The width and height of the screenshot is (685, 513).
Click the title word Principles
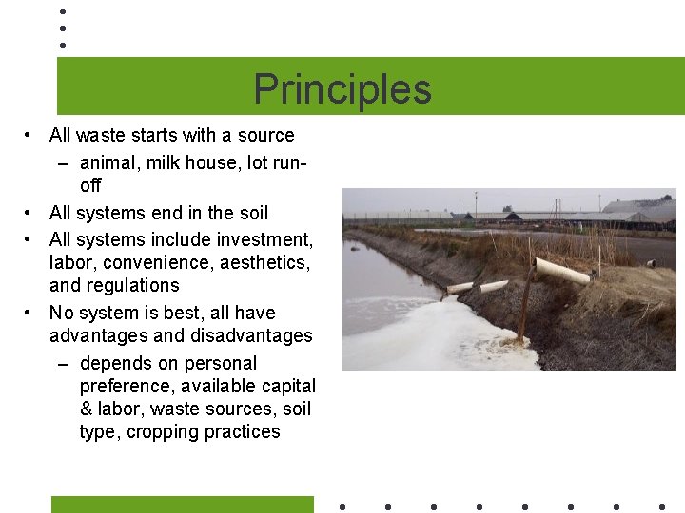(x=342, y=89)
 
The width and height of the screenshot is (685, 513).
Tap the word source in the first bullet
(x=265, y=135)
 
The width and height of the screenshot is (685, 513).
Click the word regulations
(x=133, y=285)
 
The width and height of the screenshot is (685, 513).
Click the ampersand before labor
(x=87, y=409)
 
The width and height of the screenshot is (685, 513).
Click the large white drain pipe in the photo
(x=562, y=271)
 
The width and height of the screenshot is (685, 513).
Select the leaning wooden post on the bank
(x=524, y=304)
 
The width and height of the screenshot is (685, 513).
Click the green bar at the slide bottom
(x=182, y=504)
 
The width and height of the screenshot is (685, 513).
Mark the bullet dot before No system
(x=31, y=313)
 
